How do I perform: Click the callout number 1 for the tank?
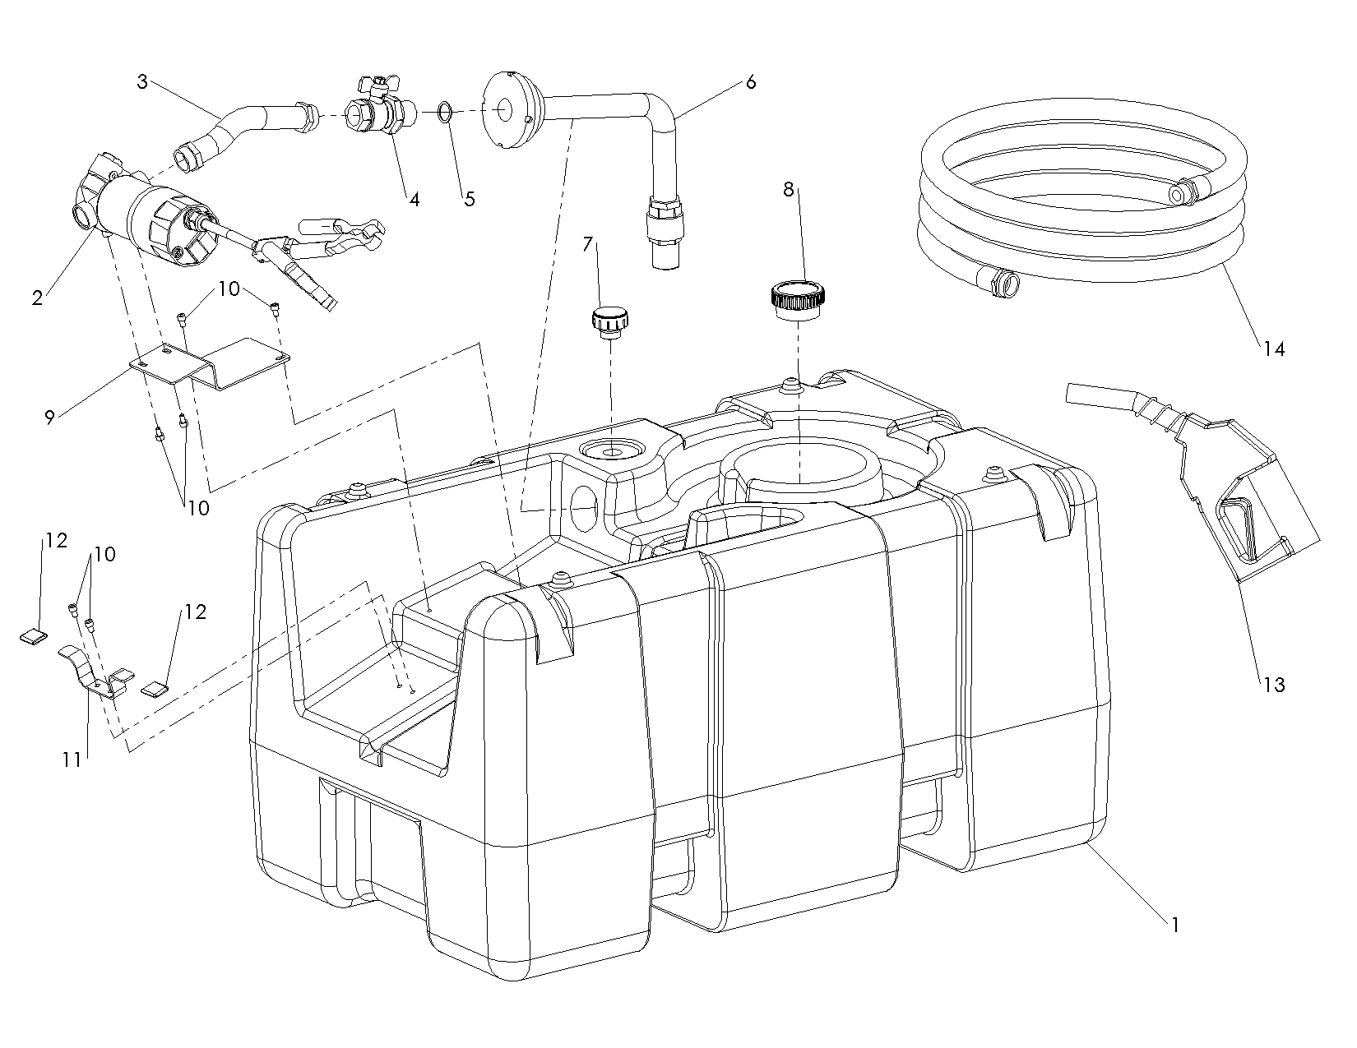1175,925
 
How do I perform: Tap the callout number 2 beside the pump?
37,298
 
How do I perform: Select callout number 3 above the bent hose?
142,82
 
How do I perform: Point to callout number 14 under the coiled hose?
1273,349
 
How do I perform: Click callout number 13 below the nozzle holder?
1273,684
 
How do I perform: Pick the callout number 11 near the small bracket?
72,760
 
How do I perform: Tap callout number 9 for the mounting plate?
49,418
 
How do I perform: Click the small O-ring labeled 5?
444,111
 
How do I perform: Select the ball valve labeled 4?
377,112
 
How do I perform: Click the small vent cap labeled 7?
609,321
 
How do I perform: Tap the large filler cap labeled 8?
799,299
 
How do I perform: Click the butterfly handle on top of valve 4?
374,82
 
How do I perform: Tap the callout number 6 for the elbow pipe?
750,82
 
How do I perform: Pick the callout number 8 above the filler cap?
788,190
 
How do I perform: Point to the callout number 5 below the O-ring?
469,199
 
